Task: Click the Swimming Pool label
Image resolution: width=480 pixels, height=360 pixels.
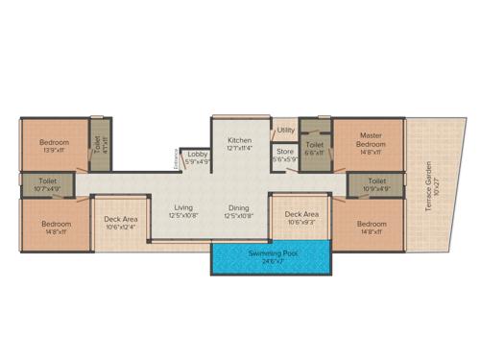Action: click(267, 252)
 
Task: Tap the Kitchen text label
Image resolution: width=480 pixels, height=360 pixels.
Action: click(240, 140)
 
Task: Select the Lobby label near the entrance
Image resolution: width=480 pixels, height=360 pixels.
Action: click(199, 154)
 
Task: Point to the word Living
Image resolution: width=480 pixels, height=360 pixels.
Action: click(183, 207)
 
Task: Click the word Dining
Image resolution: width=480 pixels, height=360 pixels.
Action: click(239, 207)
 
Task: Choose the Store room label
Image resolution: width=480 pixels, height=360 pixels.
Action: click(285, 151)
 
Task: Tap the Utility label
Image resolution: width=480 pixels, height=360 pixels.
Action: click(286, 130)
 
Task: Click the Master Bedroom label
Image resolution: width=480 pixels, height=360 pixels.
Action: click(371, 140)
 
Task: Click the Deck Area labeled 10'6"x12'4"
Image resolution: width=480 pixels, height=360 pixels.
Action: click(121, 220)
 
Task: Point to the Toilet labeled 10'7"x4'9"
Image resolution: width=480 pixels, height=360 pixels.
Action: click(47, 180)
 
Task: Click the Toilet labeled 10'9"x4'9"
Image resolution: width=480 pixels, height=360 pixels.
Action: click(376, 180)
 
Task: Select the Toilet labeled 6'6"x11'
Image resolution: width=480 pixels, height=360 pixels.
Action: click(314, 145)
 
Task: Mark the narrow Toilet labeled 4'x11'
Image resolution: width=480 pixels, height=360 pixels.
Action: click(96, 144)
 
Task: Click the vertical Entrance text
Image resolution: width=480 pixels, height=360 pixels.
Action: click(176, 157)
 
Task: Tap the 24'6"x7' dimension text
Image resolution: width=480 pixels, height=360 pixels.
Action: click(267, 260)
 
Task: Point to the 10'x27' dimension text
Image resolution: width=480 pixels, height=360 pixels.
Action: click(435, 184)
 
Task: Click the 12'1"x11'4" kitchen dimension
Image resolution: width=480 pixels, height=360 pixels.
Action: click(240, 149)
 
